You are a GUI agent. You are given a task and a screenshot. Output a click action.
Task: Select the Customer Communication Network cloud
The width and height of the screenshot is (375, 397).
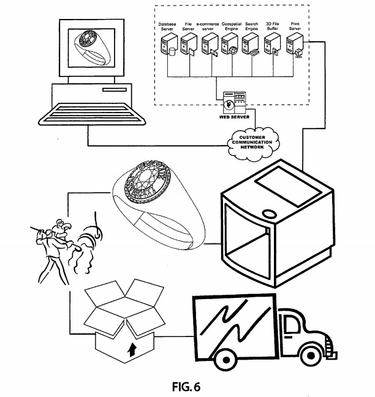(x=251, y=144)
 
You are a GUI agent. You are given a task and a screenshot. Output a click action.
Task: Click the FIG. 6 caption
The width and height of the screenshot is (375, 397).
(x=186, y=387)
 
